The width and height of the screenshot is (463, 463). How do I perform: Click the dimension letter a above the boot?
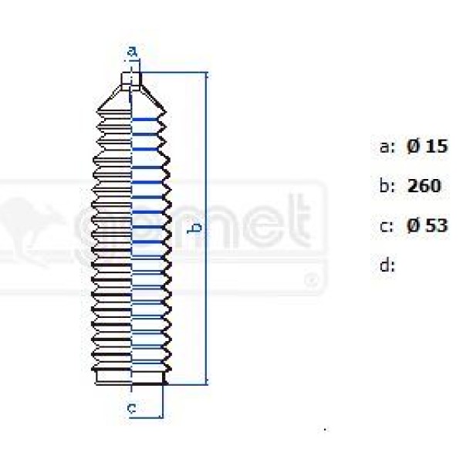point(132,52)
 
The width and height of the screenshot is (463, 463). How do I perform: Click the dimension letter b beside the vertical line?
point(197,227)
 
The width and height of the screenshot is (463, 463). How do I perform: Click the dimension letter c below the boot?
point(132,407)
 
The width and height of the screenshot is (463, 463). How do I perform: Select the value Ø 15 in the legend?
point(427,147)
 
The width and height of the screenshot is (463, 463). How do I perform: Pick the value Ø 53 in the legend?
point(427,226)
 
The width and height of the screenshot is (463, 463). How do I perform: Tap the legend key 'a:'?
point(387,147)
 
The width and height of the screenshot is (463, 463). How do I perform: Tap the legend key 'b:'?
point(387,186)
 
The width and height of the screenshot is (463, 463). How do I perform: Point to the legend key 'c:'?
point(387,226)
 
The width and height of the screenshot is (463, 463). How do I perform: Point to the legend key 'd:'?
point(387,266)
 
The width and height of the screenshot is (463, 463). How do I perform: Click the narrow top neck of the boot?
point(132,80)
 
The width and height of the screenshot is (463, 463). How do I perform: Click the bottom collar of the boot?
point(130,377)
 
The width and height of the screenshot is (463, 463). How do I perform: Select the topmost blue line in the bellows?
point(147,120)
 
